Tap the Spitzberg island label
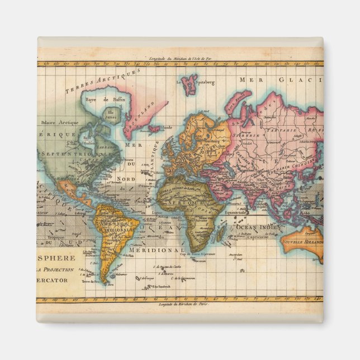coord(203,82)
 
